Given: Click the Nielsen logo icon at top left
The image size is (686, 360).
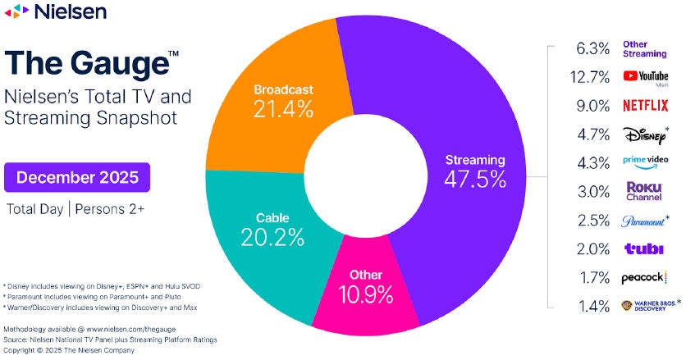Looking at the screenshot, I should (x=17, y=11).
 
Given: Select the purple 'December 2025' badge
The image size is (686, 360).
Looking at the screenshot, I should (x=77, y=176).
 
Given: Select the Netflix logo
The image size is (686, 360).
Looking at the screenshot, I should (x=645, y=105).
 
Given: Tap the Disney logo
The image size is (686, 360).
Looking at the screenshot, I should (x=643, y=133).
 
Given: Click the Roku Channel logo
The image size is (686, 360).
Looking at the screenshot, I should (x=643, y=191).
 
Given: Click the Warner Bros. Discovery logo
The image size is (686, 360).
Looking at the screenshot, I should (x=647, y=306).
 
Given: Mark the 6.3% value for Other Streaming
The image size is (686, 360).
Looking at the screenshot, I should (x=592, y=48).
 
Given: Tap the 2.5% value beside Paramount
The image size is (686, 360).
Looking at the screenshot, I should (x=592, y=220).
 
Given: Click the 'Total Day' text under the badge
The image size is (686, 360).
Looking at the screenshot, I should (x=36, y=207).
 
